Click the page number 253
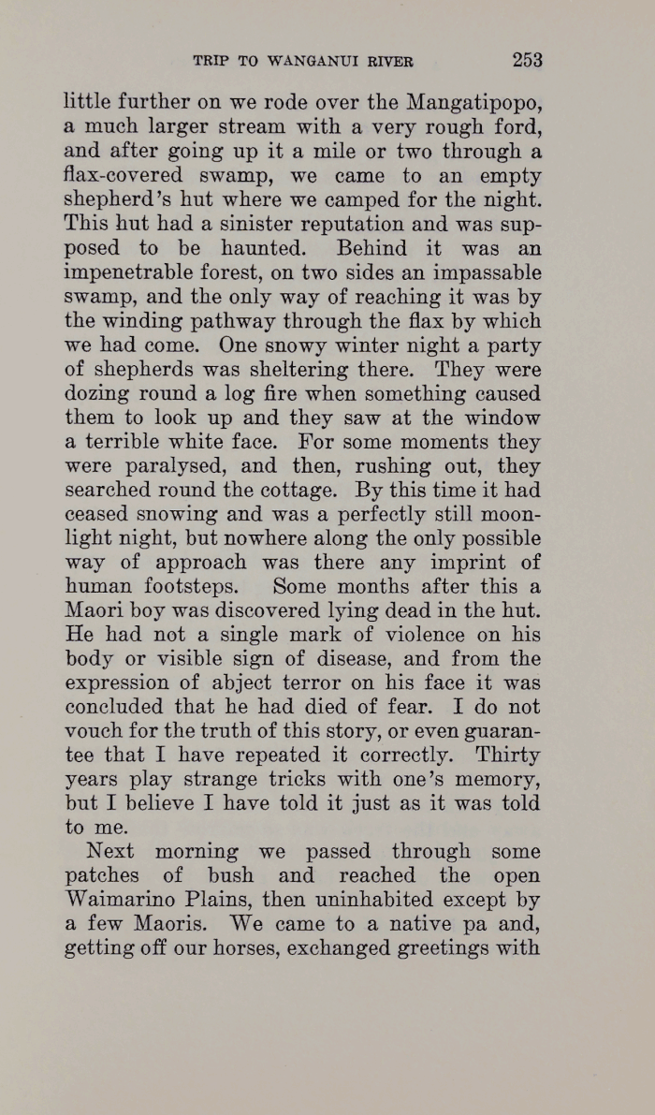(527, 60)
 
